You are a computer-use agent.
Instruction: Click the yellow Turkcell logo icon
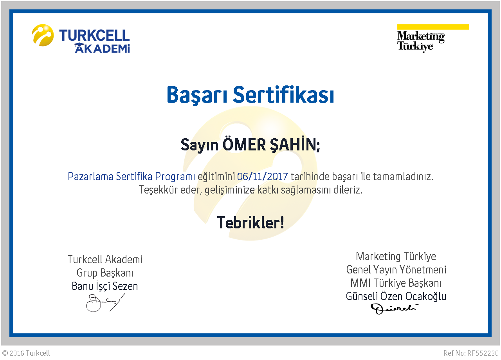[x=43, y=35]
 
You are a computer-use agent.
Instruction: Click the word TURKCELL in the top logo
[x=94, y=35]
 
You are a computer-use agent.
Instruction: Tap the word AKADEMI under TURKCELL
[x=102, y=48]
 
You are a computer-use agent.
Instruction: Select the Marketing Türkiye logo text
[x=421, y=42]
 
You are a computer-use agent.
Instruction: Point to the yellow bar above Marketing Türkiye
[x=433, y=27]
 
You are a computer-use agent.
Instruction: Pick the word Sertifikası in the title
[x=283, y=94]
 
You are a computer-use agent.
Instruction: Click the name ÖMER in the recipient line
[x=244, y=145]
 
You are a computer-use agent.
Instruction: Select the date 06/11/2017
[x=262, y=177]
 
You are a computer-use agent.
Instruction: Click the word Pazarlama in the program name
[x=90, y=176]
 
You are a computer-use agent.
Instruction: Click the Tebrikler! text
[x=250, y=223]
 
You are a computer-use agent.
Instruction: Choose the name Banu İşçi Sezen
[x=105, y=286]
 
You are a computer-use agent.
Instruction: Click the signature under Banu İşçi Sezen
[x=106, y=303]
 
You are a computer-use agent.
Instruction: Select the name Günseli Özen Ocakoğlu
[x=396, y=296]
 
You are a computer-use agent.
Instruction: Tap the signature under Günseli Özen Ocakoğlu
[x=394, y=309]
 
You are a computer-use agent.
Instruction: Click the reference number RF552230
[x=483, y=353]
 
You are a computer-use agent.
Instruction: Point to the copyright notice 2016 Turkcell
[x=26, y=353]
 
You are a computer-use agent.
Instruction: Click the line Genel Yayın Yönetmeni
[x=396, y=270]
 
